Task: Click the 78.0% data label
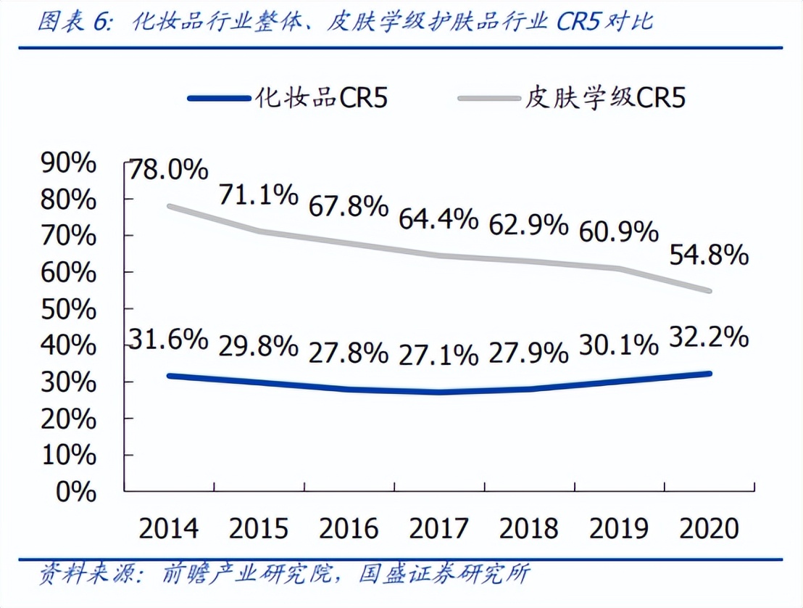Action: pos(169,172)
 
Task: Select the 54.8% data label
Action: pos(707,255)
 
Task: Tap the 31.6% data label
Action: pos(169,339)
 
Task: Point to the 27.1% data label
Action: pos(438,355)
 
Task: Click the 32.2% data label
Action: pos(707,337)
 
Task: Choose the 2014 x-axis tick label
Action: pos(169,527)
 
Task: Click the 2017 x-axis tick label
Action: pos(438,527)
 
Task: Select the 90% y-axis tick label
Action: pos(70,163)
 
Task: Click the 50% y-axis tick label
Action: pos(70,310)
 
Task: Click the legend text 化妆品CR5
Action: pos(321,97)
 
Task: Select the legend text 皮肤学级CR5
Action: pos(605,97)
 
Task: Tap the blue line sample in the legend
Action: pos(217,98)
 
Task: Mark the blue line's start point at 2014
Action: pos(169,376)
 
